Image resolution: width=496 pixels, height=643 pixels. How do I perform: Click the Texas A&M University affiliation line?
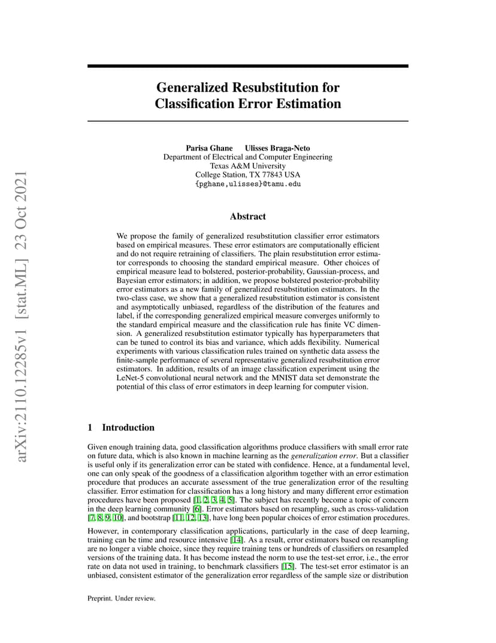(247, 166)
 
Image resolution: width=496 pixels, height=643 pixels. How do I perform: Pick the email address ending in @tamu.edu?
(247, 184)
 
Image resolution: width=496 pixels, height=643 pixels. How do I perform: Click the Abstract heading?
(247, 217)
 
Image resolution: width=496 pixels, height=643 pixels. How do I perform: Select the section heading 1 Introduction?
(121, 428)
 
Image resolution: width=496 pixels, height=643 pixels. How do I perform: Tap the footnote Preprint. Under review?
(122, 598)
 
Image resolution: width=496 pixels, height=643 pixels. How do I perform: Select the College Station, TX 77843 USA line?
(247, 175)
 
